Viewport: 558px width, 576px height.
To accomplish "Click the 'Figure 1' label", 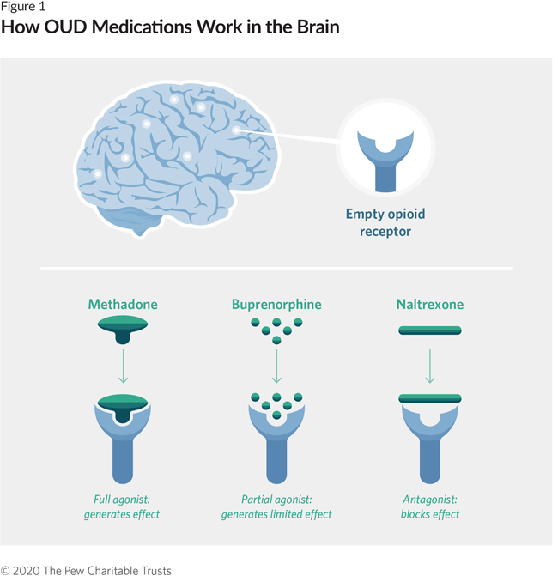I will click(22, 8).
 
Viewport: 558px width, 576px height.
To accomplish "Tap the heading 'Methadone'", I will click(123, 305).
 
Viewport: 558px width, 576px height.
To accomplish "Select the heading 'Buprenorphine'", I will click(276, 305).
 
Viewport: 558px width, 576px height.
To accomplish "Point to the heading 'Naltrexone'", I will click(430, 305).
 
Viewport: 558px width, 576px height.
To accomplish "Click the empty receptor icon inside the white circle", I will click(385, 159).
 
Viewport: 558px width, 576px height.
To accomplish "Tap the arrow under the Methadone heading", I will click(123, 365).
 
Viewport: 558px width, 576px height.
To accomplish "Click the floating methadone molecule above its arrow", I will click(123, 327).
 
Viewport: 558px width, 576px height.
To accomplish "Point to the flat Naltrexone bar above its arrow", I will click(430, 329).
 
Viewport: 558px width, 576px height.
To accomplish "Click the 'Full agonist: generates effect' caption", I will click(122, 506).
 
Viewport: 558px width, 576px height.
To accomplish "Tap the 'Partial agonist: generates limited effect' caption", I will click(276, 506).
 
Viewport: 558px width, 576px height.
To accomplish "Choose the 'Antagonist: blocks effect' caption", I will click(431, 506).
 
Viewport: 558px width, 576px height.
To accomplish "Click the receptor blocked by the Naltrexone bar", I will click(430, 438).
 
